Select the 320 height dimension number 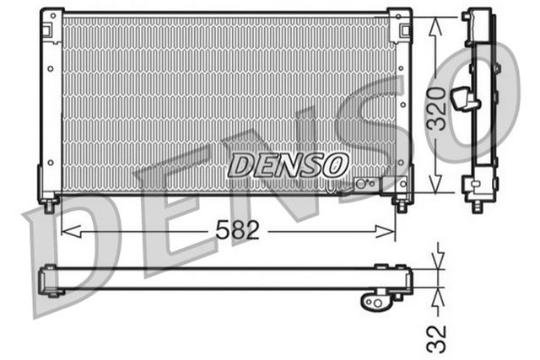435,107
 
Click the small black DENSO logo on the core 287,164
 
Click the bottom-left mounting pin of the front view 49,205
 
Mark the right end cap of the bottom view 408,278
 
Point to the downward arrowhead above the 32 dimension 436,263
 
